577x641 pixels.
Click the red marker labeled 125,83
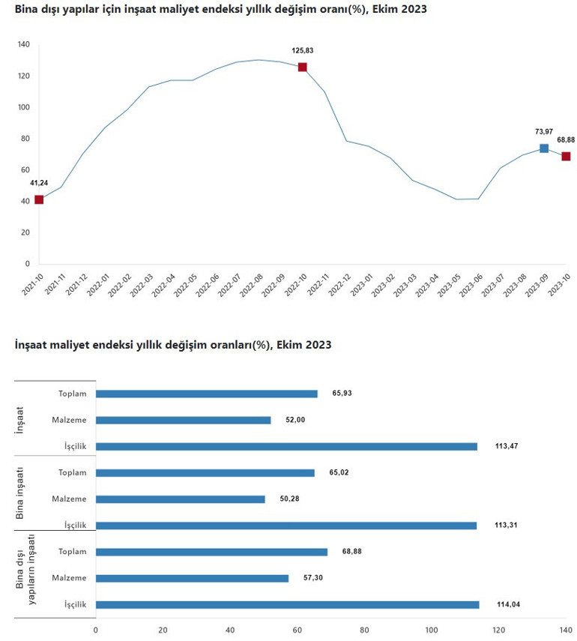pyautogui.click(x=303, y=67)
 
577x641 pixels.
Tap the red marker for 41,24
pyautogui.click(x=39, y=199)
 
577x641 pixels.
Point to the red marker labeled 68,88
pyautogui.click(x=567, y=156)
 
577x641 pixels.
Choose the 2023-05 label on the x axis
pyautogui.click(x=451, y=288)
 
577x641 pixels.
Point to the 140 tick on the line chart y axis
pyautogui.click(x=23, y=45)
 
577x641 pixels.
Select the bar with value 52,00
pyautogui.click(x=184, y=420)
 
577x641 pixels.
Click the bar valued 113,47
pyautogui.click(x=286, y=446)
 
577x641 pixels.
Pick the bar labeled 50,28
pyautogui.click(x=181, y=499)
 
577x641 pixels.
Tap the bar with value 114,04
pyautogui.click(x=287, y=604)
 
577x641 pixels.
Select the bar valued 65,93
pyautogui.click(x=207, y=394)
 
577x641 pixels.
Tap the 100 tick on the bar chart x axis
pyautogui.click(x=432, y=630)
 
